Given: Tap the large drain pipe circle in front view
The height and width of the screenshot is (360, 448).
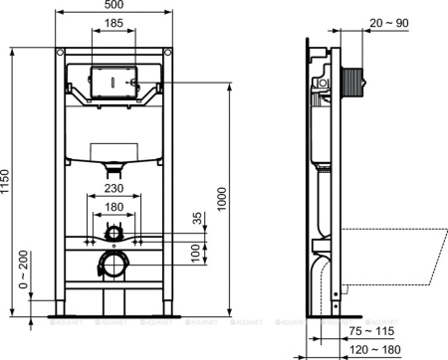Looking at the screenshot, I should point(114,264).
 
